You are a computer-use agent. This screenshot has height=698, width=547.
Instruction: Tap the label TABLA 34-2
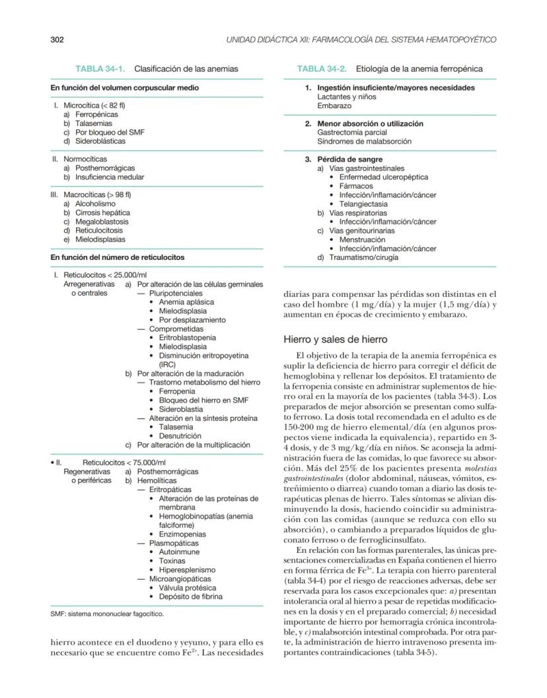(324, 69)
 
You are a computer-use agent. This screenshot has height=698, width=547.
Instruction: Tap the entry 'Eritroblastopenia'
(187, 338)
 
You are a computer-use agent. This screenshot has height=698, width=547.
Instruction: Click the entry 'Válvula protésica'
(187, 587)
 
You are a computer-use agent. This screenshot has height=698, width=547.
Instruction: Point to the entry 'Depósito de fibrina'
(190, 596)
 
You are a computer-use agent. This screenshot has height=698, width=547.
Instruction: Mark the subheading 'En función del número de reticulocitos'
(118, 257)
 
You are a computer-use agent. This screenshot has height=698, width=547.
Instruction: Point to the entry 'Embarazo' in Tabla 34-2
(334, 106)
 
